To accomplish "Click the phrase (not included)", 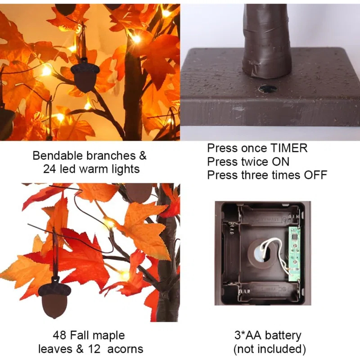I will (x=270, y=349).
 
